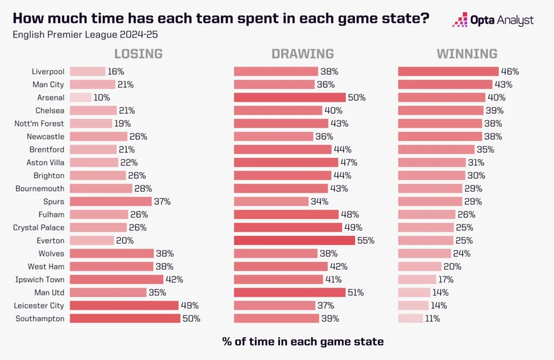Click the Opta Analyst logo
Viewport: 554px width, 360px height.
493,21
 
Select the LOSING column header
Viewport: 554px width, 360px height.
138,54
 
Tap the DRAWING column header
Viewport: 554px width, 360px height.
302,54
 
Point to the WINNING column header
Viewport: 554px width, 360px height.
467,54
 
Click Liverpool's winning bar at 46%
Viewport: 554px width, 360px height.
448,71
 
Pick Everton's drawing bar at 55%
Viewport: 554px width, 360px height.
294,241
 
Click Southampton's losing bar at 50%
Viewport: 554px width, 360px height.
125,318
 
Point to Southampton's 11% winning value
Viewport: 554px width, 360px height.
432,318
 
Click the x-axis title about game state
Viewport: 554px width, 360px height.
302,342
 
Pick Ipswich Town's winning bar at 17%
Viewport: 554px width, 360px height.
417,279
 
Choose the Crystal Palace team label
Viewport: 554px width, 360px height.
38,228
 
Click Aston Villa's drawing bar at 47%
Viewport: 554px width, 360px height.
286,163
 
